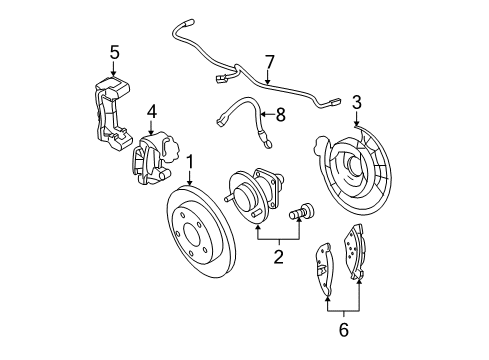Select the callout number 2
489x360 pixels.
[279, 257]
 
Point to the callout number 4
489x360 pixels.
[152, 111]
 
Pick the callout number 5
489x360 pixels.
[114, 51]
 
